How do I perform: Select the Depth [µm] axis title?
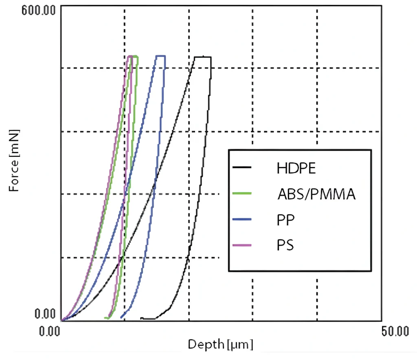click(x=220, y=345)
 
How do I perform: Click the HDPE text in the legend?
click(x=296, y=168)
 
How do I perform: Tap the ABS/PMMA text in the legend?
click(x=317, y=194)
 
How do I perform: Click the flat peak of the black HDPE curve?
click(x=203, y=57)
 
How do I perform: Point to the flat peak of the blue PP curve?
click(x=160, y=56)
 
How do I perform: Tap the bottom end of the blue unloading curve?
click(x=122, y=317)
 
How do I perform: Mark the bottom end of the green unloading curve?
click(x=106, y=318)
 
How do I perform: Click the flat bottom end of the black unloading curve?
click(x=148, y=318)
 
